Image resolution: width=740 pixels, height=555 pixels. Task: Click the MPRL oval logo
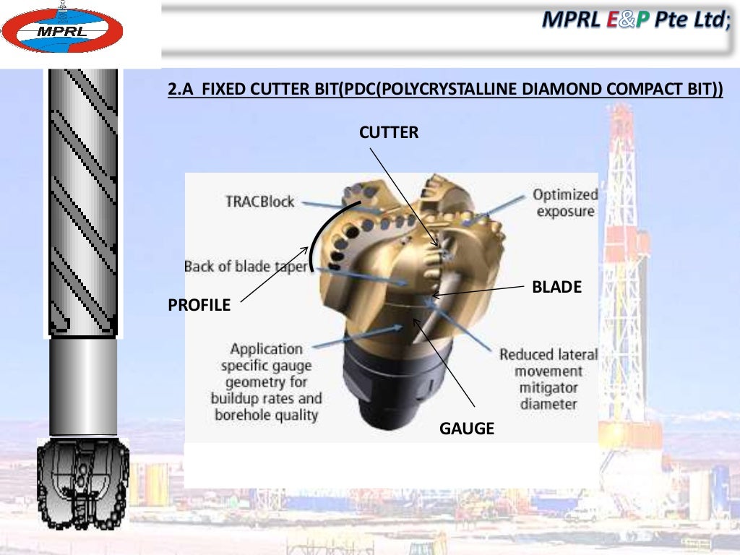[x=62, y=30]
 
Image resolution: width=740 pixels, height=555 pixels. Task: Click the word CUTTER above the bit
[x=389, y=132]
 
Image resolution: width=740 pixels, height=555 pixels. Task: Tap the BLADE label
[x=556, y=288]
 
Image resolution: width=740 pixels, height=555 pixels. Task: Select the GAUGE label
[x=467, y=429]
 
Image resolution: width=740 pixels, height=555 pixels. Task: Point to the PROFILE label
[x=199, y=306]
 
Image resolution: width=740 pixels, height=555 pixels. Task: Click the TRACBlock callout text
[x=259, y=202]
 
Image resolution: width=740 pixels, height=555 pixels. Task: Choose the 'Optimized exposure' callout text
[x=565, y=202]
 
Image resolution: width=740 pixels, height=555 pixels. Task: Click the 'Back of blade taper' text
[x=246, y=266]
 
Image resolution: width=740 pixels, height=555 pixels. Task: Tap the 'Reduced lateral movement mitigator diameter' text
[x=548, y=379]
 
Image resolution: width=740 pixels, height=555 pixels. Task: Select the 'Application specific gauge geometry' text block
[x=267, y=382]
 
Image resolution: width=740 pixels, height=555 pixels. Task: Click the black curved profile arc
[x=322, y=228]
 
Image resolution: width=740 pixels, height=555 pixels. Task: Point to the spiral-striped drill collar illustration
[x=82, y=202]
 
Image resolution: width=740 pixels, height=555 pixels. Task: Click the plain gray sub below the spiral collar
[x=82, y=387]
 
